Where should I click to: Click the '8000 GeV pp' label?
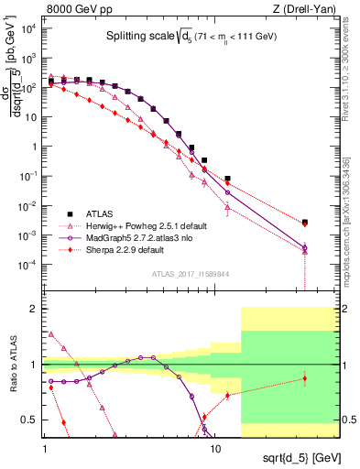pyautogui.click(x=74, y=9)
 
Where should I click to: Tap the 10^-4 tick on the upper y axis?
pyautogui.click(x=27, y=265)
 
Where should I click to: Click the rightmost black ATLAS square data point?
pyautogui.click(x=305, y=222)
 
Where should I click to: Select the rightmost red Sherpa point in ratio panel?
pyautogui.click(x=305, y=378)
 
